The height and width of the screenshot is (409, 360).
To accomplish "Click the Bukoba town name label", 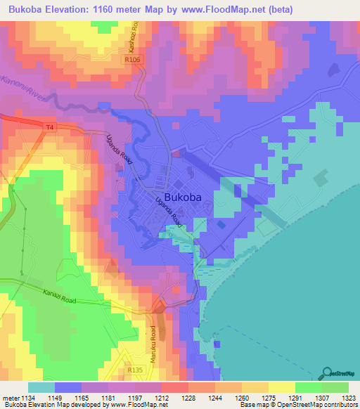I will (187, 197).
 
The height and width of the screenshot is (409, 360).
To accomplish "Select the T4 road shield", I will (49, 127).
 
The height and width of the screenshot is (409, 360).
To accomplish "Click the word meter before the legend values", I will (9, 398).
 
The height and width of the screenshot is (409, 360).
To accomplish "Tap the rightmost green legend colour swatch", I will (335, 387).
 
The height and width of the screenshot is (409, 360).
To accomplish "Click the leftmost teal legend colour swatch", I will (41, 387).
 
